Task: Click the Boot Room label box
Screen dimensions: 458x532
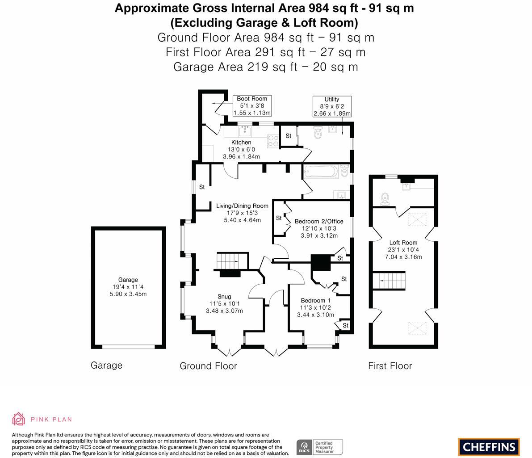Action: pyautogui.click(x=252, y=106)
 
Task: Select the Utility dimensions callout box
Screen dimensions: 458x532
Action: pyautogui.click(x=332, y=106)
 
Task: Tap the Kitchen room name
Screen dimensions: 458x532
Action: pyautogui.click(x=241, y=143)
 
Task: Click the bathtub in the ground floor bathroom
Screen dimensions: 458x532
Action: pyautogui.click(x=321, y=172)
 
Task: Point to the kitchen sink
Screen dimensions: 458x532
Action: pyautogui.click(x=245, y=131)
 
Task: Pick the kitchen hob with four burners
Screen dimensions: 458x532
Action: pyautogui.click(x=272, y=141)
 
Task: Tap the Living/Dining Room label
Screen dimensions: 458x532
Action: pyautogui.click(x=242, y=206)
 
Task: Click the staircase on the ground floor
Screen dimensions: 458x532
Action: pyautogui.click(x=232, y=261)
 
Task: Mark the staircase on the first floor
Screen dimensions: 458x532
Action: pyautogui.click(x=392, y=281)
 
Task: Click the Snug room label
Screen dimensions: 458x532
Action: pyautogui.click(x=224, y=297)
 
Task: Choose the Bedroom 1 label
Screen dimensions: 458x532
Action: pyautogui.click(x=315, y=300)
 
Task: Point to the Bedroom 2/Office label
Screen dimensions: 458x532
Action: pyautogui.click(x=319, y=221)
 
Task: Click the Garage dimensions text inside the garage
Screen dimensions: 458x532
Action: pyautogui.click(x=128, y=290)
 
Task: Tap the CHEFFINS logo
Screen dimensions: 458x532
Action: pyautogui.click(x=489, y=447)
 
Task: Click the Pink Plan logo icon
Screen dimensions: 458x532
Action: pyautogui.click(x=19, y=419)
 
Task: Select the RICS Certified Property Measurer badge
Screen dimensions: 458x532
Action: pyautogui.click(x=320, y=447)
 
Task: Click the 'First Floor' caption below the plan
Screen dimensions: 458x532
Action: pyautogui.click(x=390, y=366)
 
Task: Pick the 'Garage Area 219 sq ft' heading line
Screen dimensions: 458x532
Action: pyautogui.click(x=265, y=67)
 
